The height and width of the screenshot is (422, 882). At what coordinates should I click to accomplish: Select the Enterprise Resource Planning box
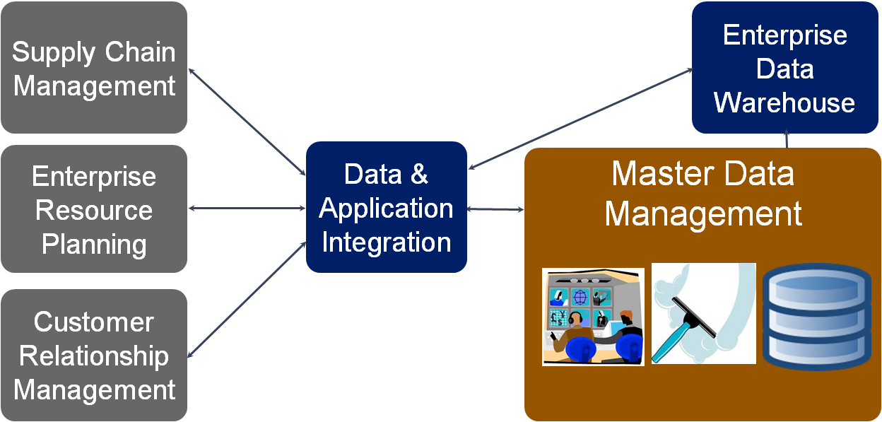coord(94,209)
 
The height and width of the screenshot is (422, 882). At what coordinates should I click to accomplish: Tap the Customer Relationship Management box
coord(94,355)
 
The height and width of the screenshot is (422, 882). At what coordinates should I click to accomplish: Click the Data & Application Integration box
coord(387,207)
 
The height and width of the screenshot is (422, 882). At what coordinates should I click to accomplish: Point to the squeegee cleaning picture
coord(703,313)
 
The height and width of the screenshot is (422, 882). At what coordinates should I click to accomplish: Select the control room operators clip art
coord(593,317)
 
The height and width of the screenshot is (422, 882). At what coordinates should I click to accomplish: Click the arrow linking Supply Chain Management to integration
coord(247,120)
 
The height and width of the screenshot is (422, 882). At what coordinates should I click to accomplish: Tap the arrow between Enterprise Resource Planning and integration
coord(247,208)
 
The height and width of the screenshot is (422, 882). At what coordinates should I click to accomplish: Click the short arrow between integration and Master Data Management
coord(495,209)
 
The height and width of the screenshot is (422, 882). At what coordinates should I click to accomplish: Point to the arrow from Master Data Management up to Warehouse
coord(787,141)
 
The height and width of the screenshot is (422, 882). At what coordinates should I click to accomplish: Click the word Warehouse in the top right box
coord(784,102)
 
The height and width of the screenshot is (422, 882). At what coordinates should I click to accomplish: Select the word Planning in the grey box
coord(94,244)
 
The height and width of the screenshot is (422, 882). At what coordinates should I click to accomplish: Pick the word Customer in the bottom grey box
coord(94,322)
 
